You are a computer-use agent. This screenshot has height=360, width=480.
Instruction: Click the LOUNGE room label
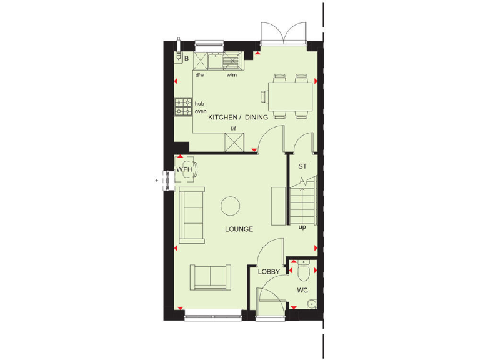coord(239,229)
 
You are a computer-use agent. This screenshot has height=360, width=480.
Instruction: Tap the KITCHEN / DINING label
coord(238,117)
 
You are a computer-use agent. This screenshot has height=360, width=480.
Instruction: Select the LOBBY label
coord(269,271)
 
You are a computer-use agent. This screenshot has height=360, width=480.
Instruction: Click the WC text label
coord(302,291)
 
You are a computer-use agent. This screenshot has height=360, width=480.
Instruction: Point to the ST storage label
coord(302,166)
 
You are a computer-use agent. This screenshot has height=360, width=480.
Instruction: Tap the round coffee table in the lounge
coord(231,206)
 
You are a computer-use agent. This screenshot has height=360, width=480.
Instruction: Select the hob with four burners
coord(184,107)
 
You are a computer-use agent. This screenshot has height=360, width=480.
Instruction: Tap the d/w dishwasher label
coord(200,75)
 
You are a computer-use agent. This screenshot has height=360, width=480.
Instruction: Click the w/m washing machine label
coord(231,75)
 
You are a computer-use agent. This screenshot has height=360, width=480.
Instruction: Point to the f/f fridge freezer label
coord(233,129)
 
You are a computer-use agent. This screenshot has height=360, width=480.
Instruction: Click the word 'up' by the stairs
coord(302,227)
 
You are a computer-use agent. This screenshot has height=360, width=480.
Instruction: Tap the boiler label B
coord(186,60)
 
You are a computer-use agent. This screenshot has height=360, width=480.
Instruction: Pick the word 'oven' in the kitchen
coord(201,111)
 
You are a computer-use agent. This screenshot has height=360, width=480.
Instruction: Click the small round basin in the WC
coord(311,304)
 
